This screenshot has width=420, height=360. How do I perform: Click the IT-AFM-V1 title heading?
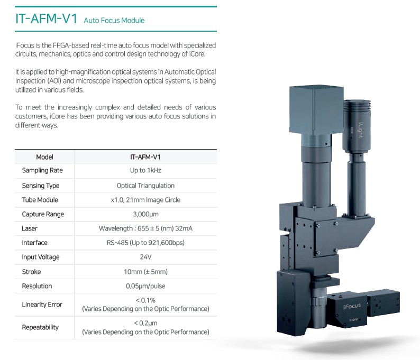click(x=47, y=19)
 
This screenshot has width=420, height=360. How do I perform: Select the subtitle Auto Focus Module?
click(x=114, y=20)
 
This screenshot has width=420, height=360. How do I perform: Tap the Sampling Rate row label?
click(x=42, y=170)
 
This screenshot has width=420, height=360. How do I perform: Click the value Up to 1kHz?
click(x=145, y=170)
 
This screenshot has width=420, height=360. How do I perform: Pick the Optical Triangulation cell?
click(x=145, y=186)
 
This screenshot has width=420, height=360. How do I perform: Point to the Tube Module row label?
click(x=40, y=200)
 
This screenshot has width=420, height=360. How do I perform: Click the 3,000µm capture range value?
click(x=145, y=214)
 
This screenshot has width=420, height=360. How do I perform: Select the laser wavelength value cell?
click(x=145, y=228)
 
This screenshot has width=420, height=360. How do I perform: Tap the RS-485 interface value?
click(x=145, y=243)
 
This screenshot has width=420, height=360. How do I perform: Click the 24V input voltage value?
click(x=145, y=257)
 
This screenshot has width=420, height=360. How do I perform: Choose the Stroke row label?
click(x=31, y=272)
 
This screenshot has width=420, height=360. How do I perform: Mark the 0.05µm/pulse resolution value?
click(x=145, y=286)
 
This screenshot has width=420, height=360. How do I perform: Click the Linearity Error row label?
click(x=42, y=304)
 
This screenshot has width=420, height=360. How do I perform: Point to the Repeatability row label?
click(x=40, y=327)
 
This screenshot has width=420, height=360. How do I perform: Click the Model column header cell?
click(x=44, y=157)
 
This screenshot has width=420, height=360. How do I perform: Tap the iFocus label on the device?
click(x=352, y=306)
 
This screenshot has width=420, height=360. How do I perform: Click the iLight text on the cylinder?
click(x=361, y=130)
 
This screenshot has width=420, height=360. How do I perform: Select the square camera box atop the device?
click(x=316, y=110)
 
